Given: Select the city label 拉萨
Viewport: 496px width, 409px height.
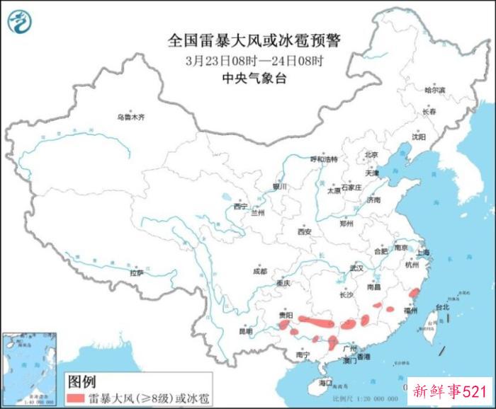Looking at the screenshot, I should pyautogui.click(x=137, y=272).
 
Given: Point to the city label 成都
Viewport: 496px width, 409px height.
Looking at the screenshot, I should pyautogui.click(x=259, y=271).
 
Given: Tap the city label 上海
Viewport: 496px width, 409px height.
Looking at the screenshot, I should pyautogui.click(x=425, y=253).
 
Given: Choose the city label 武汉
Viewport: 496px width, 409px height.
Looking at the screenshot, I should pyautogui.click(x=356, y=268).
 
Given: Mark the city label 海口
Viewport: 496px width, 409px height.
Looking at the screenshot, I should pyautogui.click(x=325, y=382).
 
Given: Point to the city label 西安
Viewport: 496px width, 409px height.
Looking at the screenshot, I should pyautogui.click(x=305, y=231).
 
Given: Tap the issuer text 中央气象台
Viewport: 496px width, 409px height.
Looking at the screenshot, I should pyautogui.click(x=254, y=79).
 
